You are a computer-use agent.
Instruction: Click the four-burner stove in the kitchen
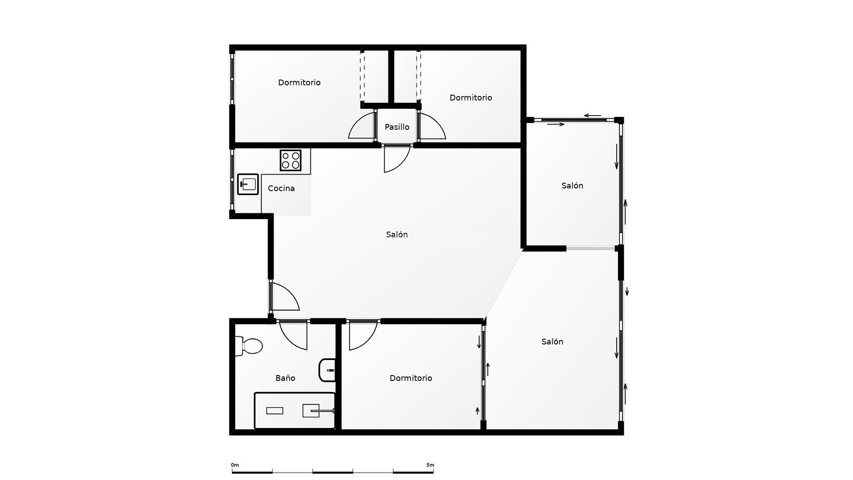(x=291, y=160)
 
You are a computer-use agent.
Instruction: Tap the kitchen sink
(x=248, y=184)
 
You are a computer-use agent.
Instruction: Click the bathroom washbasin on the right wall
(x=328, y=370)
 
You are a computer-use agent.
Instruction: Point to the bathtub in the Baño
(x=295, y=410)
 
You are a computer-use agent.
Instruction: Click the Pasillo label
(x=397, y=127)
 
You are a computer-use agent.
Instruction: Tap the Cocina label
(x=281, y=188)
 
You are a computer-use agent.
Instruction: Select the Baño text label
(x=285, y=378)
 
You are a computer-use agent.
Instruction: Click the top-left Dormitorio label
(x=299, y=83)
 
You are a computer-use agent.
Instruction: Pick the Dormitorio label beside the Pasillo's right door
(x=470, y=98)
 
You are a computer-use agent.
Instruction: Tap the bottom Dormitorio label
(x=411, y=378)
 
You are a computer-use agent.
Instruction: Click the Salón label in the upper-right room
(x=572, y=186)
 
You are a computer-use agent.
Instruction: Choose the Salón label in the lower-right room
(x=552, y=342)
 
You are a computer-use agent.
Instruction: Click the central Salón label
(x=397, y=235)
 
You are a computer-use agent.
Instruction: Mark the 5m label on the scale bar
(x=430, y=465)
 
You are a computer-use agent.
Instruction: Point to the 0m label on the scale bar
(x=235, y=465)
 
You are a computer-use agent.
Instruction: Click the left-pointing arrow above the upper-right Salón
(x=592, y=116)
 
